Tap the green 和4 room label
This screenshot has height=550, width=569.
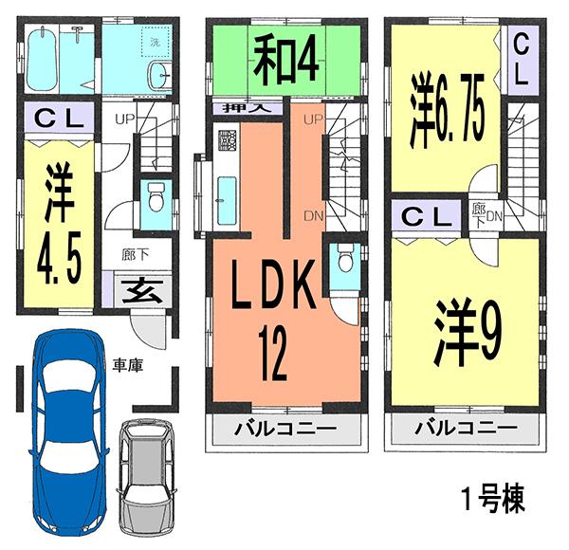(284, 59)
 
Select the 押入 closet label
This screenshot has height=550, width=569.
(245, 108)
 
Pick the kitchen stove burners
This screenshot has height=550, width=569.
(228, 141)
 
